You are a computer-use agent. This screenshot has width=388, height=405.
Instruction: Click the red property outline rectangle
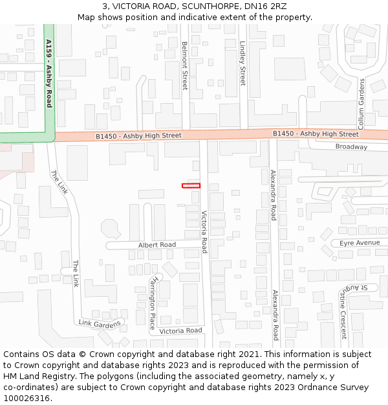tap(191, 186)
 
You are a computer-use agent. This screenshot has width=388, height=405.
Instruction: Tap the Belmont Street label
tap(184, 65)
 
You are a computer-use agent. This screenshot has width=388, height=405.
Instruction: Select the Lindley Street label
tap(242, 64)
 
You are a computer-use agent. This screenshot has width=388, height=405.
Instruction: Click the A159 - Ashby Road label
tap(49, 73)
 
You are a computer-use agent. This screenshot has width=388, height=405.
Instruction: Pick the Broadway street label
tap(351, 147)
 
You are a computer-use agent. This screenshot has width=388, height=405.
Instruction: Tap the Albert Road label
tap(157, 245)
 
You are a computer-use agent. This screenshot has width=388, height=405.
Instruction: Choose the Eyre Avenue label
tap(360, 243)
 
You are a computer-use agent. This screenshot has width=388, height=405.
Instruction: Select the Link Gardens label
tap(100, 323)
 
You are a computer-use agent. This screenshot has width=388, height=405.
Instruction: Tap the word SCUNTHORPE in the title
tap(200, 6)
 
